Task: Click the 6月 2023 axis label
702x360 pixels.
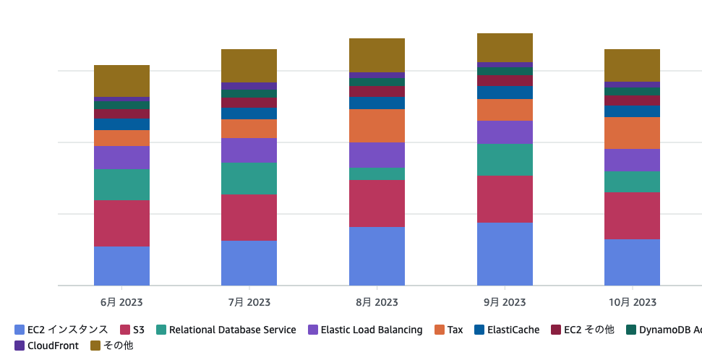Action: point(121,302)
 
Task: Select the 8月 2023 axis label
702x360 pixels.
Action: point(377,302)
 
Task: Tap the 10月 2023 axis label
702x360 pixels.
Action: point(632,302)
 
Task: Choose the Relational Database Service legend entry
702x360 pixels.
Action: point(226,330)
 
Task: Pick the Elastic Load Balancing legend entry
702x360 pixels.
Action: point(365,330)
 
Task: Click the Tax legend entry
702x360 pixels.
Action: point(448,330)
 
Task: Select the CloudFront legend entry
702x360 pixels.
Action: point(46,346)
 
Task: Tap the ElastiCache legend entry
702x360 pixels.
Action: point(506,330)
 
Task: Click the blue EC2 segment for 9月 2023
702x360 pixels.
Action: point(505,254)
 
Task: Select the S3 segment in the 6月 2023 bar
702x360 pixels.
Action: point(121,223)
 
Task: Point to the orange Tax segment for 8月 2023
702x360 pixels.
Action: point(377,126)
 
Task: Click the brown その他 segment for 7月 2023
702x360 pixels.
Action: point(249,66)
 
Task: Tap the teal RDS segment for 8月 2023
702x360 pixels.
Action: point(377,174)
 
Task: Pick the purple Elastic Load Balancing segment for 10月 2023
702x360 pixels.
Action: point(632,160)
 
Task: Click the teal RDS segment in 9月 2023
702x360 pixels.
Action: point(505,160)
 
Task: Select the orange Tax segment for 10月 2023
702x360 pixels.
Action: point(632,133)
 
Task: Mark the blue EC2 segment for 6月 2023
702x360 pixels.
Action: point(121,266)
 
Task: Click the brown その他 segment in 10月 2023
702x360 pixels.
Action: point(632,65)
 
